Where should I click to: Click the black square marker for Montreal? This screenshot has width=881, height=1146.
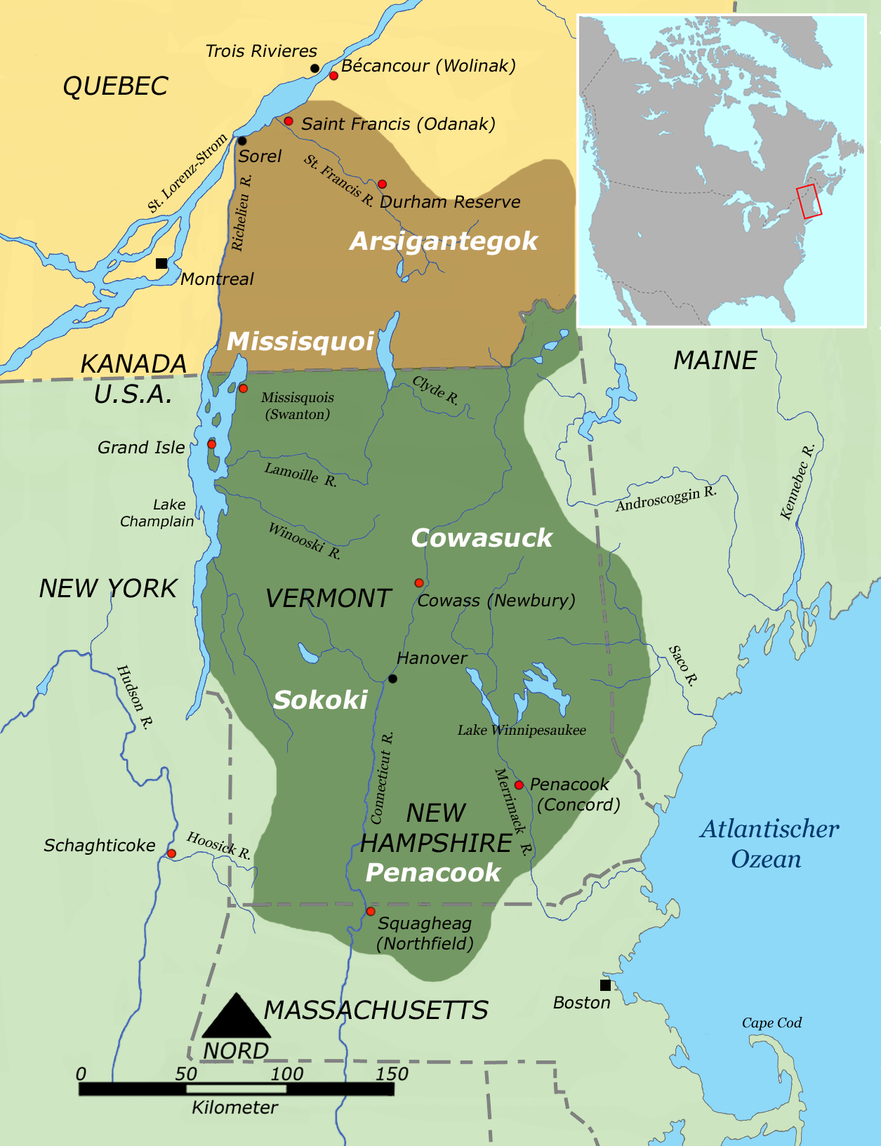161,263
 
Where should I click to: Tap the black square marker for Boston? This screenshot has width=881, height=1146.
605,985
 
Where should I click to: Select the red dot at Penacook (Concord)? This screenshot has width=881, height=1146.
519,785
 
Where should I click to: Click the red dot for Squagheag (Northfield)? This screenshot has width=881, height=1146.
371,912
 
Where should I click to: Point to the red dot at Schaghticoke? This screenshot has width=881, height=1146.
171,853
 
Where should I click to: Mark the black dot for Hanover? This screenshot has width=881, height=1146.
393,679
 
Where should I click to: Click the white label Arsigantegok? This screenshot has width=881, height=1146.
443,241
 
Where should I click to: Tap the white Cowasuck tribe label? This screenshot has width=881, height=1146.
482,538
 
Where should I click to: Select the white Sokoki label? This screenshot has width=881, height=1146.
320,700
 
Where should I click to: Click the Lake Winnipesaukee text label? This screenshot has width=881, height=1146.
522,731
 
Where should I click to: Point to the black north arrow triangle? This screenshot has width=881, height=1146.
237,1018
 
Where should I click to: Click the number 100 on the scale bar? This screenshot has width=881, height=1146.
286,1074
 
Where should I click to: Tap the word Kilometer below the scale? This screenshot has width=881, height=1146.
234,1107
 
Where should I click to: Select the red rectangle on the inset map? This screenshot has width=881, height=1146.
809,201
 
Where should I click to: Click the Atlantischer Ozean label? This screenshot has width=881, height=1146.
768,844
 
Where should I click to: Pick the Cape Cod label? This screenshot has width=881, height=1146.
771,1023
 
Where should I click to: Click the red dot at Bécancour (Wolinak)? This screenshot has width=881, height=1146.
334,75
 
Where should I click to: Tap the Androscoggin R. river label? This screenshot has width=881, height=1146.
665,498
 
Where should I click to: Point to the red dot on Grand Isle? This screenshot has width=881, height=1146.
211,444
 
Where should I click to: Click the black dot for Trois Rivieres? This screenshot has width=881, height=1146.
315,68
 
